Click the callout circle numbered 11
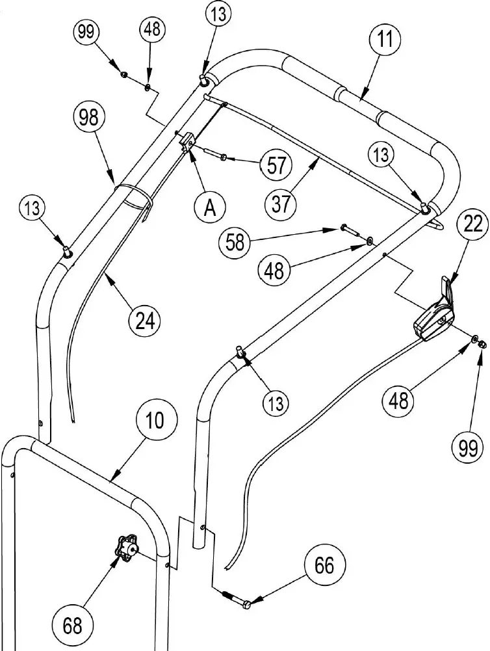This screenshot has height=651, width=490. (x=386, y=40)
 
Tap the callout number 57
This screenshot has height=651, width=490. (x=277, y=165)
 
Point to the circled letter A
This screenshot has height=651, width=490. (x=209, y=207)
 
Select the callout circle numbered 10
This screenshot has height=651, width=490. (x=155, y=421)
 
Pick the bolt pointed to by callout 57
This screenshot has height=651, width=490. (x=214, y=155)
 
